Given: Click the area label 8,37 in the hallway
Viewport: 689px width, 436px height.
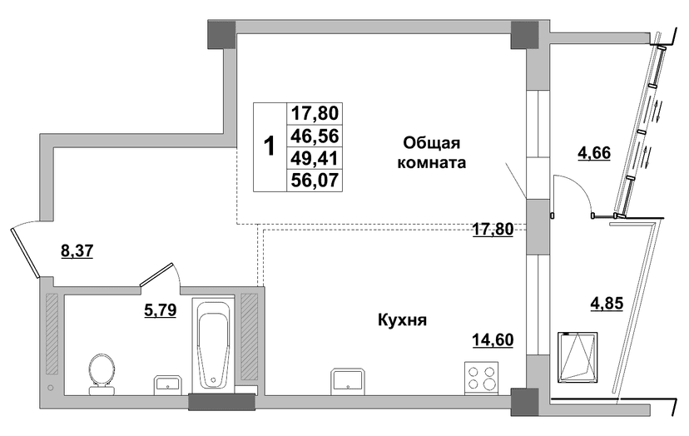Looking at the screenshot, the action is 77,251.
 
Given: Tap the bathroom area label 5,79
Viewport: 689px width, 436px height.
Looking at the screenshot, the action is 161,310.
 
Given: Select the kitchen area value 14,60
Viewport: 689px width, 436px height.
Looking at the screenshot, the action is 493,339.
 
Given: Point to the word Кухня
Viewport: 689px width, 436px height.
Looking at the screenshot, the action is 403,320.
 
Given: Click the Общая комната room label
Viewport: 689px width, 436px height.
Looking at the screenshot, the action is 432,152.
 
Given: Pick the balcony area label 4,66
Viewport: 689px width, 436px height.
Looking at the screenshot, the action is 594,153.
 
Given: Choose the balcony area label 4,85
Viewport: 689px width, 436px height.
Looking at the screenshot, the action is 607,303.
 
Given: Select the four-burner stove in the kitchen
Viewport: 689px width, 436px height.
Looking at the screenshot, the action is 482,378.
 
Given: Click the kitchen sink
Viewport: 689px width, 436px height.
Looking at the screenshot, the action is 348,379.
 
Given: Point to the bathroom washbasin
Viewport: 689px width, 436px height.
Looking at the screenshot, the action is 167,385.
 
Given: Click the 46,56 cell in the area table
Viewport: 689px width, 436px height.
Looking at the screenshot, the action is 315,136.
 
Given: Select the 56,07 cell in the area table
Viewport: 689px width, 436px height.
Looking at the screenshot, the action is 315,181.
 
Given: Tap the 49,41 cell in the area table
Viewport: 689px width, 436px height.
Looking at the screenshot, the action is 315,158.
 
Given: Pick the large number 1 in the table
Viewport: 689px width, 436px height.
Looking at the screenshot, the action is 269,146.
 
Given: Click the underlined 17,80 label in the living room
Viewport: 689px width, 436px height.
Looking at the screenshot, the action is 493,229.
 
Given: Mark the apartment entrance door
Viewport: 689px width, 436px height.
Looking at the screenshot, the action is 26,252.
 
